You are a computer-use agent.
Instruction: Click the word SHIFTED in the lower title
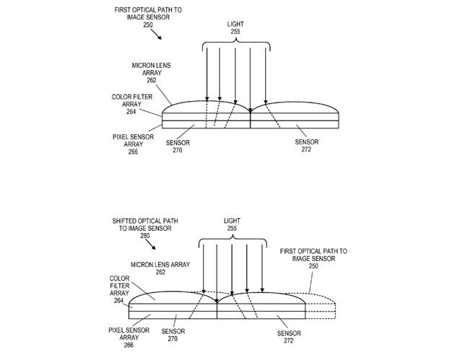click(123, 221)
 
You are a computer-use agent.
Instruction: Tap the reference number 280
click(144, 236)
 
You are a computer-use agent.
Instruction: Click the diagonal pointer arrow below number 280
click(150, 244)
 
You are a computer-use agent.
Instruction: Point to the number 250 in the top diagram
click(148, 25)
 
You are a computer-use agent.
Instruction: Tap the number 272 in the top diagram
click(306, 149)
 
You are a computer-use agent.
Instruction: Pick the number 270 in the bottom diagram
click(173, 338)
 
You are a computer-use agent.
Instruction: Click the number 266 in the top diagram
click(133, 152)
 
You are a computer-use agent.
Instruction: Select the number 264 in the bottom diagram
click(118, 301)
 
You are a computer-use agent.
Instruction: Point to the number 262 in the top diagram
click(151, 80)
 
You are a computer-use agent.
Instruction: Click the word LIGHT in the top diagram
click(235, 24)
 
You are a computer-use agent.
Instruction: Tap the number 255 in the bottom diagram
click(232, 228)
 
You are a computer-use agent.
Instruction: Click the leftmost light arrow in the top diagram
click(207, 74)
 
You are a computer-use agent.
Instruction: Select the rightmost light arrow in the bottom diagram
click(262, 268)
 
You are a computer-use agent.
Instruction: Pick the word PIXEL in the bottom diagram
click(116, 330)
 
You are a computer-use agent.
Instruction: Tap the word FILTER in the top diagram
click(142, 97)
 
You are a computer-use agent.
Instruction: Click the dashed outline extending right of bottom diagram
click(321, 306)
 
